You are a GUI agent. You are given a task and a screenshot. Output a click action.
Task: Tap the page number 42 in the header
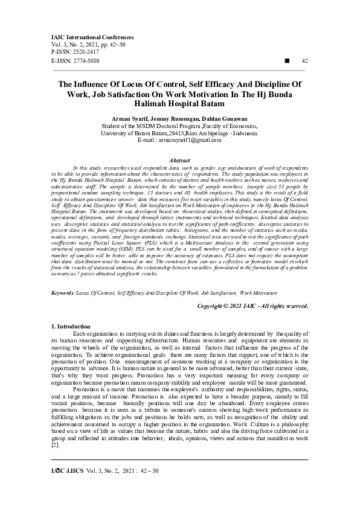[304, 61]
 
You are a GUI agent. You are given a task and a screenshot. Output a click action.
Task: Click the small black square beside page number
[287, 61]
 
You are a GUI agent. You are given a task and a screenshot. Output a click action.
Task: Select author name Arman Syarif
[131, 118]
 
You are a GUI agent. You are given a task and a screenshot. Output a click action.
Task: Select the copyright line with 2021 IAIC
[253, 306]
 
